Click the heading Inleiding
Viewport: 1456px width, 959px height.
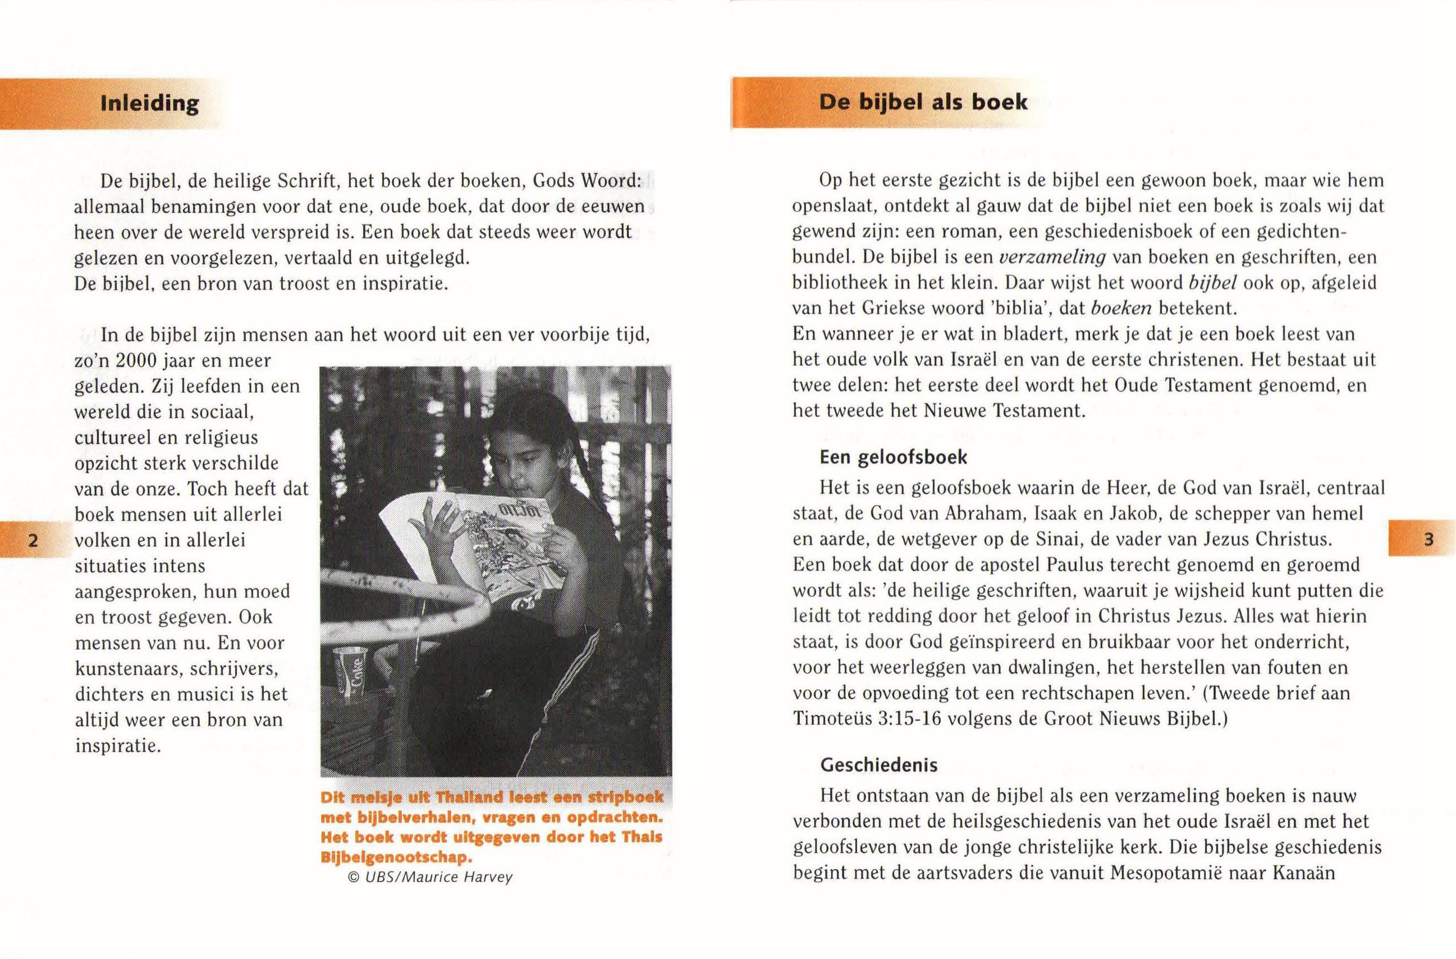pyautogui.click(x=149, y=103)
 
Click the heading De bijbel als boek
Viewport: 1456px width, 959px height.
pyautogui.click(x=923, y=102)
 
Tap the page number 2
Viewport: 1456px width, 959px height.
pyautogui.click(x=34, y=540)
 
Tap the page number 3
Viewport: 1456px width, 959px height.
pyautogui.click(x=1428, y=539)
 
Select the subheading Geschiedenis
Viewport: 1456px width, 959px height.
pyautogui.click(x=878, y=764)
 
